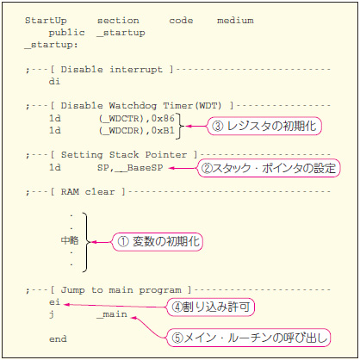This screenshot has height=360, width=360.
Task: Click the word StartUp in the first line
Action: pyautogui.click(x=46, y=21)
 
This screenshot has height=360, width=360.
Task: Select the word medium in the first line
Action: pyautogui.click(x=235, y=21)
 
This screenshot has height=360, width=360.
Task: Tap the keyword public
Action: pyautogui.click(x=66, y=33)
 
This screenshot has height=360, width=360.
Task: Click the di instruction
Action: pyautogui.click(x=54, y=81)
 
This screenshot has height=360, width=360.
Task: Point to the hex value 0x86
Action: pyautogui.click(x=163, y=118)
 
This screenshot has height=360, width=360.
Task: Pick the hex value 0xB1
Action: pyautogui.click(x=163, y=130)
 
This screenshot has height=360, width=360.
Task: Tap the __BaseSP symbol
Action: pyautogui.click(x=139, y=168)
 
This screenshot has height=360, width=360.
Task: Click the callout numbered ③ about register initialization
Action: pyautogui.click(x=264, y=126)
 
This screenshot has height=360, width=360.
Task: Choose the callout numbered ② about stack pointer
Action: pyautogui.click(x=269, y=168)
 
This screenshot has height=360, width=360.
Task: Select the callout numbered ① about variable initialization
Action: pyautogui.click(x=158, y=242)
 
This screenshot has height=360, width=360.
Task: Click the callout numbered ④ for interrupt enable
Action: pyautogui.click(x=210, y=307)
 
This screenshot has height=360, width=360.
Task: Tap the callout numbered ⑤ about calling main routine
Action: pyautogui.click(x=249, y=338)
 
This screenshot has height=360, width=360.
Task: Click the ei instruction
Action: pyautogui.click(x=54, y=302)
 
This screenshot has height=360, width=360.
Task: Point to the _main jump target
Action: pyautogui.click(x=112, y=314)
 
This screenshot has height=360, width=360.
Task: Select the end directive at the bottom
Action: pyautogui.click(x=58, y=338)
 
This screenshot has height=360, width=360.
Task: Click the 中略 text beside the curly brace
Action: pyautogui.click(x=70, y=240)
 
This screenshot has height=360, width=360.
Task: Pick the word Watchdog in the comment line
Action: pyautogui.click(x=133, y=106)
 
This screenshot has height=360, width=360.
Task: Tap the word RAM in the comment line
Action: pyautogui.click(x=70, y=191)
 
